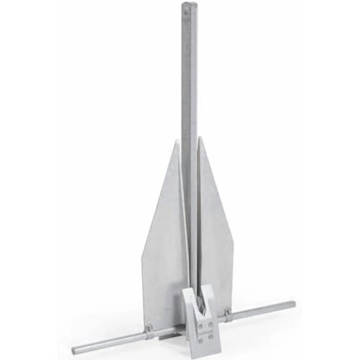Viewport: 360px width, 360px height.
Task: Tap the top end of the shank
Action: tap(187, 5)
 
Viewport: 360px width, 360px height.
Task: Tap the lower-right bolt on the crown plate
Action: tap(212, 335)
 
